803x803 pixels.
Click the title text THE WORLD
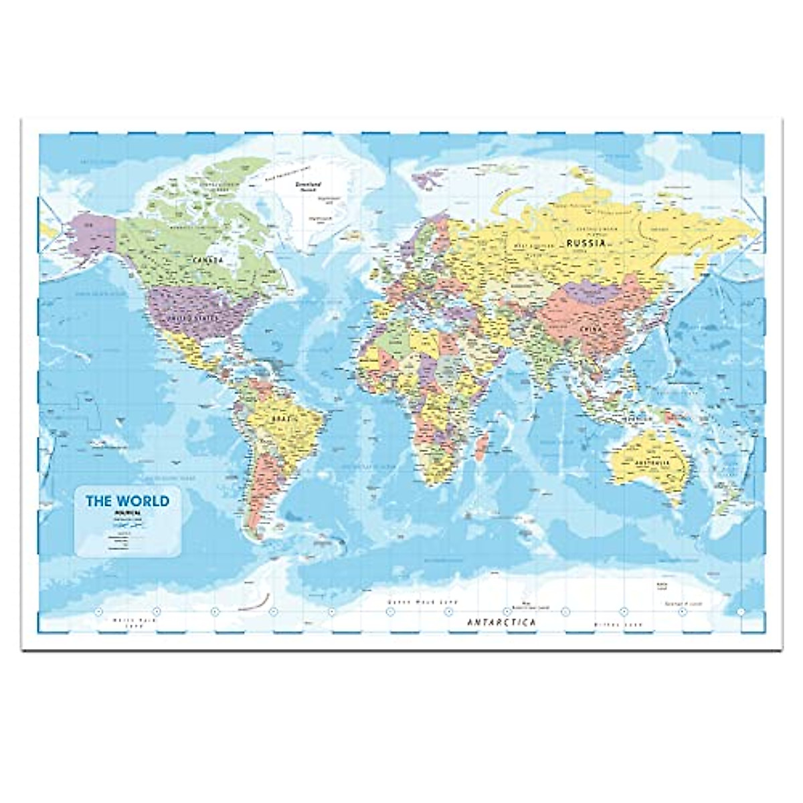pyautogui.click(x=126, y=501)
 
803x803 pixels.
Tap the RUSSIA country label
pyautogui.click(x=586, y=243)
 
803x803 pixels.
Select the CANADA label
pyautogui.click(x=208, y=260)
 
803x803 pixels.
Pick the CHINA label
pyautogui.click(x=592, y=330)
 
